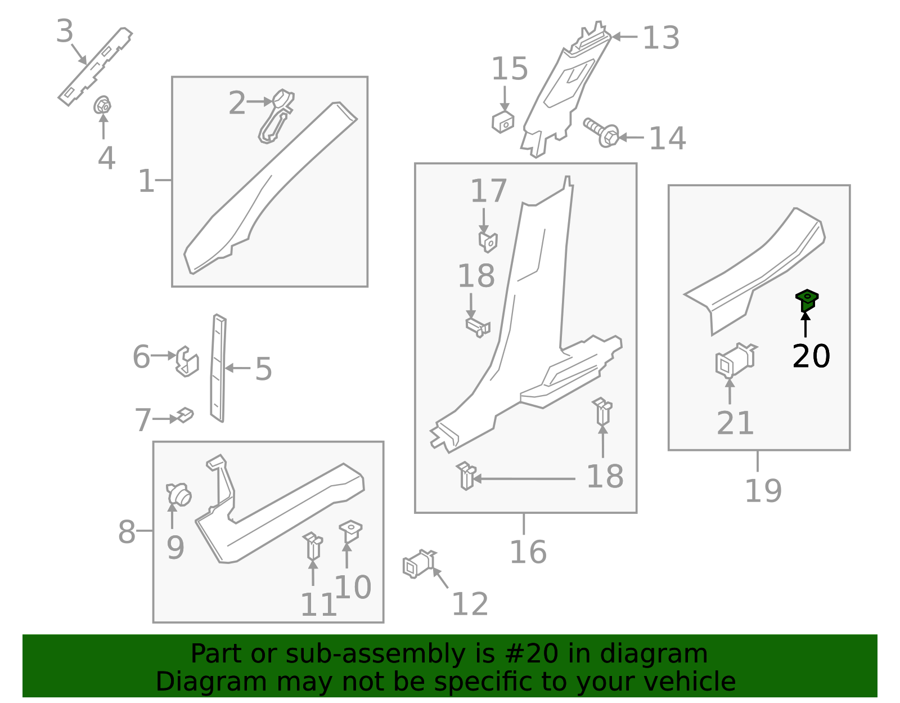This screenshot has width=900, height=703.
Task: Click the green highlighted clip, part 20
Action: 807,299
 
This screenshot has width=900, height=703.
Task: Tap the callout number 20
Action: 811,356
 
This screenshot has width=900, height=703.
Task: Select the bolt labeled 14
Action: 601,132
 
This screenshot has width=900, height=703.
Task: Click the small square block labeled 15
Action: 502,122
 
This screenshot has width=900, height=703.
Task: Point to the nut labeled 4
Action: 102,105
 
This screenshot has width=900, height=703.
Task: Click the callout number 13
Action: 660,38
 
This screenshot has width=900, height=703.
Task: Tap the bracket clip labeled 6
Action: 187,361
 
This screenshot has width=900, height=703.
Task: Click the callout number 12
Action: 470,604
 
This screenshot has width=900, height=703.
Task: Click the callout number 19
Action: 763,491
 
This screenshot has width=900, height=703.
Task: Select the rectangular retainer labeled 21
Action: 733,361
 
